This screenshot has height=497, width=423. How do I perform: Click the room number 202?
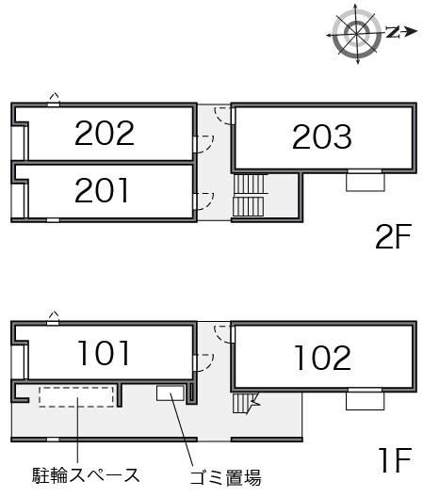tap(105, 133)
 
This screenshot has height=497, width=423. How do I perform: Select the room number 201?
tap(102, 190)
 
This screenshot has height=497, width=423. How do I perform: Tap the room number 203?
tap(322, 136)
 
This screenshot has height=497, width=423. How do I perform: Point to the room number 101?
tap(104, 353)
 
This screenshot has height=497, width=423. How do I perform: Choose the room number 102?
tap(322, 358)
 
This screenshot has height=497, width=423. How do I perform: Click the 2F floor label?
tap(393, 236)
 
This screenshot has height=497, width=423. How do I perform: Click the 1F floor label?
tap(395, 460)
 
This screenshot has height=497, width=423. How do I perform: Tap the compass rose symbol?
tap(357, 33)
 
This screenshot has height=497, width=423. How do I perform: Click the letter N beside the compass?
tap(393, 32)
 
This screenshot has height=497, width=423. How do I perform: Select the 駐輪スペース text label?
tap(86, 475)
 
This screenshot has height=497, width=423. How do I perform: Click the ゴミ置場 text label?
tap(225, 477)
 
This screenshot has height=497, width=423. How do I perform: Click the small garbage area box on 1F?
tap(171, 393)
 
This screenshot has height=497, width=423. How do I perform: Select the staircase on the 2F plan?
tap(249, 195)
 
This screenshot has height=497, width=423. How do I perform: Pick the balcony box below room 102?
tap(365, 401)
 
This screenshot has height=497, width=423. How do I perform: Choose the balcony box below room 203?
tap(366, 182)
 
